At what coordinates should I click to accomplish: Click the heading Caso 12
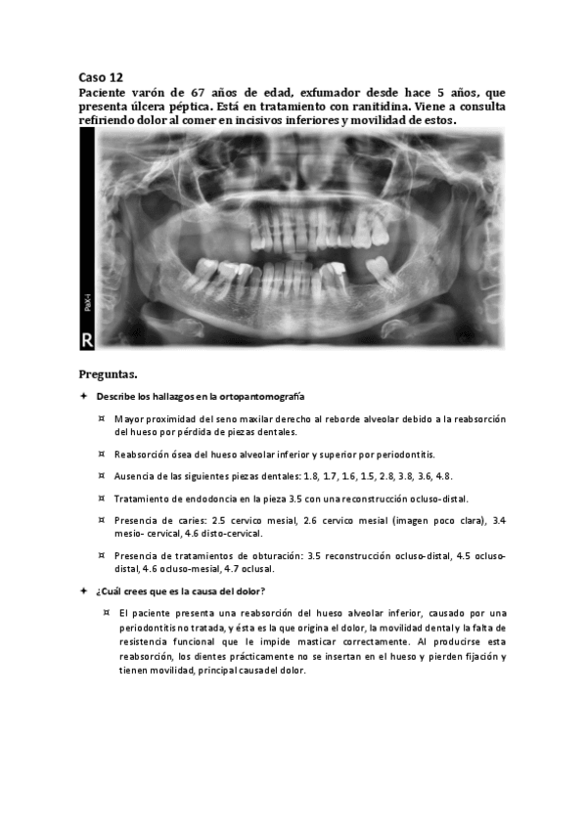[101, 75]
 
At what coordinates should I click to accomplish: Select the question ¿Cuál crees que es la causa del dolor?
[180, 590]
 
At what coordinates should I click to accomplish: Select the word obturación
[272, 555]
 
